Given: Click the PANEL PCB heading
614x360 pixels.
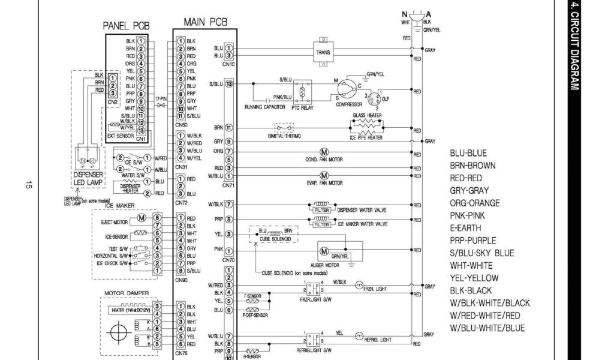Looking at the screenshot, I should point(126,26).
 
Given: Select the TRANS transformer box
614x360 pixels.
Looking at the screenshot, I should point(323,52).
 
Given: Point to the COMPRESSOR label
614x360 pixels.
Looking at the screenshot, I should point(348,104).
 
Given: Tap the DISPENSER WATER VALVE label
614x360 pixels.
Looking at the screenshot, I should point(362,210).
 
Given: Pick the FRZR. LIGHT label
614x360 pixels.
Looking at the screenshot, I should point(377,289).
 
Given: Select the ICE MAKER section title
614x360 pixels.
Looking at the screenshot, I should point(120,206).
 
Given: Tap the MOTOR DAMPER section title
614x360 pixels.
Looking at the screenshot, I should point(127,293).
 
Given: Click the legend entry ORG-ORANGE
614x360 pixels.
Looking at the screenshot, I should point(475,203).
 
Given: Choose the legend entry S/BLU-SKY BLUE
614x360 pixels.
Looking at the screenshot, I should point(481,253).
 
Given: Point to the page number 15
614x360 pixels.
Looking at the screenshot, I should point(28,185).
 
